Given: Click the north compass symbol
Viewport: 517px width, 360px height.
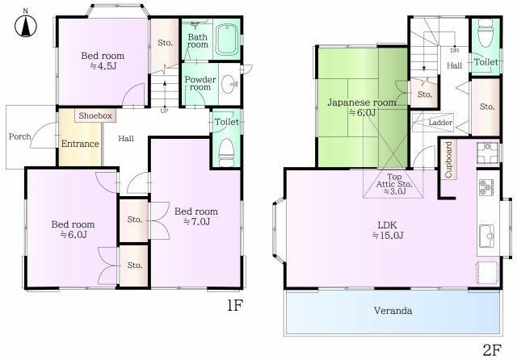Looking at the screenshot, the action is [x=26, y=25].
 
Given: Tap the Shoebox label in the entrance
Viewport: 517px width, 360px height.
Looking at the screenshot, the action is [x=95, y=115].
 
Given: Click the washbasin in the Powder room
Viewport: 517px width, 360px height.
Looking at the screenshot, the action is [x=229, y=85].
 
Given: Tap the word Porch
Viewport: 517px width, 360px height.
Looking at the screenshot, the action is [x=19, y=136].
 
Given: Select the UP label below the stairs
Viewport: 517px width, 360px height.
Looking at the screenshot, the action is [x=164, y=111].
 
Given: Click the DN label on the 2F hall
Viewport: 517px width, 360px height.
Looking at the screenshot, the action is [x=454, y=51].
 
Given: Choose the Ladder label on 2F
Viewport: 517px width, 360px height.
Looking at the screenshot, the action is [x=440, y=123].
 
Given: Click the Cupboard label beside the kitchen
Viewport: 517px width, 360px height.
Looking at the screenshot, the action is [x=448, y=160].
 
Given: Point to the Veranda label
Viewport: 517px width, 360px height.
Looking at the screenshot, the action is [x=393, y=311].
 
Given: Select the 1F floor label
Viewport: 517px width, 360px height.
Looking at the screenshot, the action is [x=235, y=306].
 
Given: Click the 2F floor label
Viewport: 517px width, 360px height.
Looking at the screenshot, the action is [x=492, y=350].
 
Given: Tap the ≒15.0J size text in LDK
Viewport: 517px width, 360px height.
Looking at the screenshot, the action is [x=388, y=236].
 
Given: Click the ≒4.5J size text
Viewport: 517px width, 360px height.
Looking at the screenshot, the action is [x=103, y=66].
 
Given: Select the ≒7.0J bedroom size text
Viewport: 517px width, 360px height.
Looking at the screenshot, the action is [x=196, y=222].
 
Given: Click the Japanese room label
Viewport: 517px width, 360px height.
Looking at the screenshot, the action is [x=362, y=103].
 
